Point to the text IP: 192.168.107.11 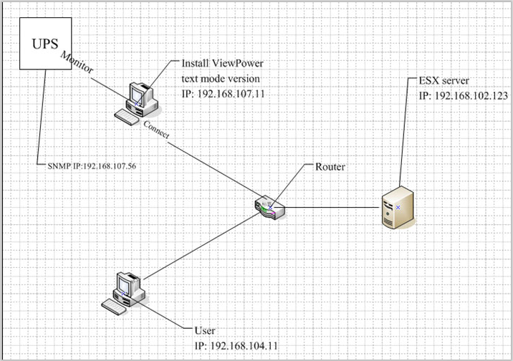click(223, 94)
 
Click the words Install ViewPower click(222, 64)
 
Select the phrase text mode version click(221, 79)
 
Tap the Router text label click(330, 167)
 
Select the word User click(205, 331)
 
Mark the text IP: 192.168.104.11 click(236, 346)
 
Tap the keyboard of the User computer click(116, 305)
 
